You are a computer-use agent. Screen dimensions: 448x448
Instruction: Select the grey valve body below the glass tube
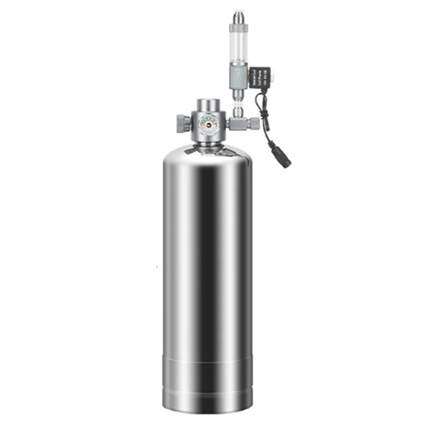click(239, 77)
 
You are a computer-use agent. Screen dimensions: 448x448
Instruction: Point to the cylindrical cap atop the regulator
click(208, 105)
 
